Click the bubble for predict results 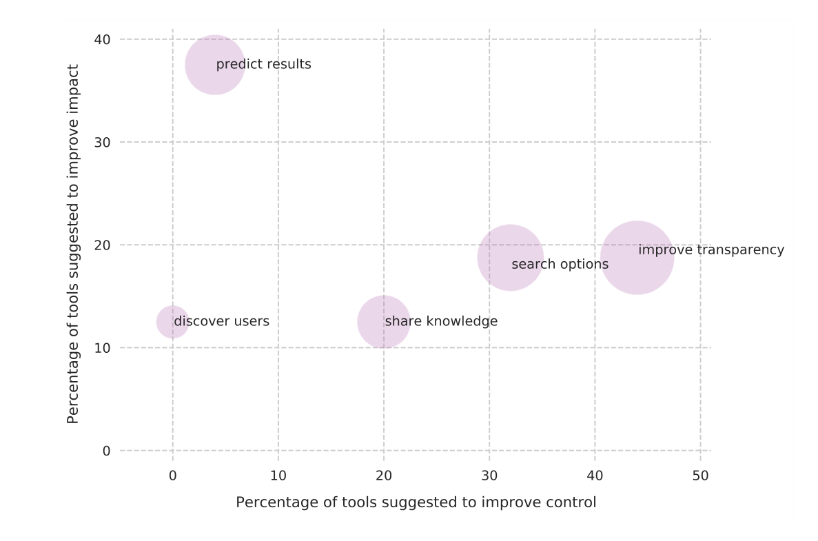[x=215, y=65]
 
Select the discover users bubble [x=172, y=322]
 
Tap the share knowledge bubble [x=384, y=322]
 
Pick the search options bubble [x=510, y=258]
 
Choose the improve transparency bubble [x=637, y=258]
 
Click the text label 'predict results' [x=263, y=65]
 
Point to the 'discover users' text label [x=221, y=322]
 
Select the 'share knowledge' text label [x=441, y=322]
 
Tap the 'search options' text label [x=560, y=265]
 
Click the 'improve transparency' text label [x=710, y=250]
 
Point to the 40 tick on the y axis [x=102, y=39]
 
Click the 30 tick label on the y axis [x=102, y=142]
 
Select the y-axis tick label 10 [x=102, y=348]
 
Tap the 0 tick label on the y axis [x=106, y=451]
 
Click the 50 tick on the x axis [x=700, y=476]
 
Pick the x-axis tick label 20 [x=384, y=476]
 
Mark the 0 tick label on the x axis [x=172, y=476]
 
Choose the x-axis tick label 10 [x=278, y=476]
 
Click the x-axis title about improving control [x=416, y=502]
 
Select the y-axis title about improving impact [x=73, y=244]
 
